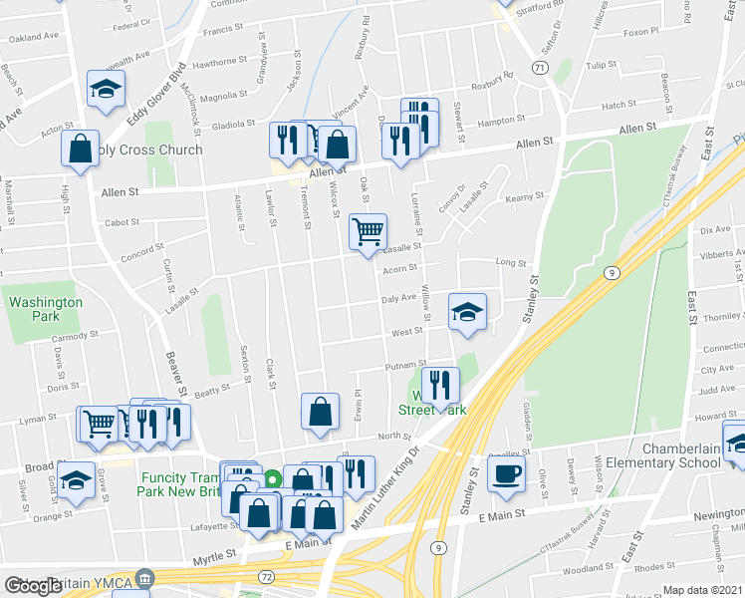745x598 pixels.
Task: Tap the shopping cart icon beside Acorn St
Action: coord(368,231)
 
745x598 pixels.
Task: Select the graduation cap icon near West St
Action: coord(467,312)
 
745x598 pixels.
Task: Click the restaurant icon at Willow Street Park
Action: coord(439,383)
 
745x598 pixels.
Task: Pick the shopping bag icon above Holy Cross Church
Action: coord(80,149)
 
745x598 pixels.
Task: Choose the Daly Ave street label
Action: coord(398,298)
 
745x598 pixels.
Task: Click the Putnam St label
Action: coord(406,365)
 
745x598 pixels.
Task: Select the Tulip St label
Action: coord(602,65)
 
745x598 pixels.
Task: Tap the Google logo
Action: coord(33,586)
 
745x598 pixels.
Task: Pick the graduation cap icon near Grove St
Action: coord(76,480)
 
